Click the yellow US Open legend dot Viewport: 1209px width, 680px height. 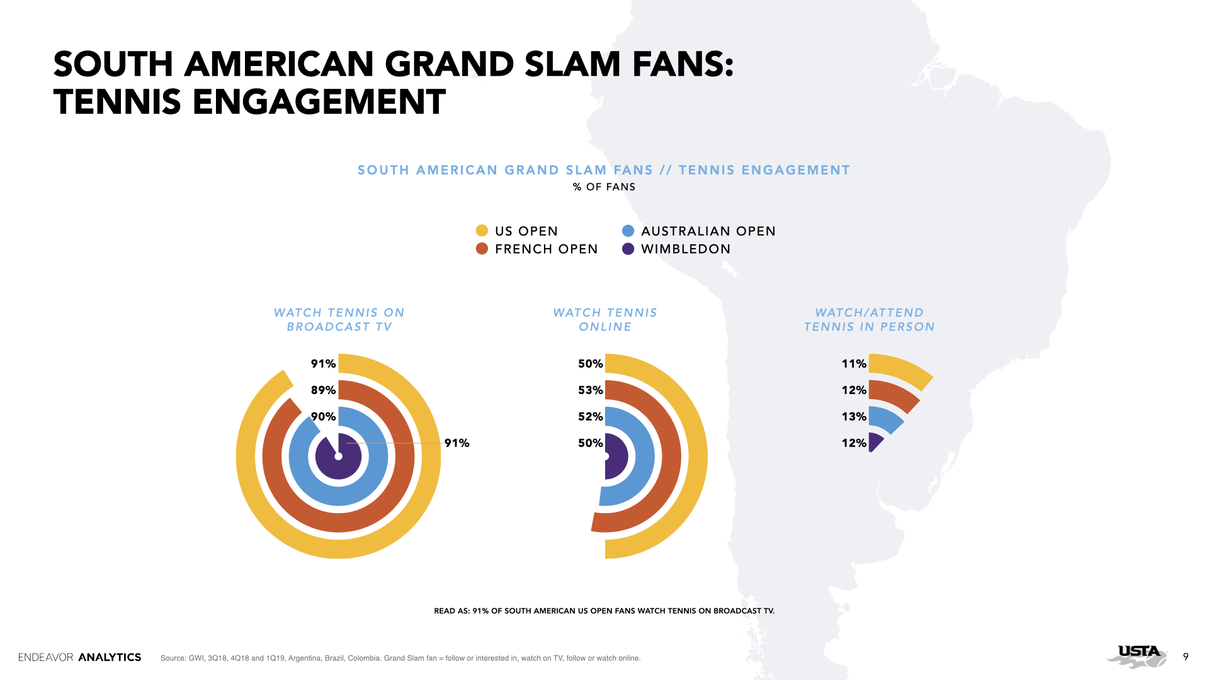coord(482,230)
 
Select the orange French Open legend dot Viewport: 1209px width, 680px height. coord(482,248)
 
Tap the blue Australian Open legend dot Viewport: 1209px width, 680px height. coord(628,230)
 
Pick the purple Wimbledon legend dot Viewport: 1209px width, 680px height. coord(628,248)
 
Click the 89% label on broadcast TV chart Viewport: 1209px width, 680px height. coord(323,390)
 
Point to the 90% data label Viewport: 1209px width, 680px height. coord(323,416)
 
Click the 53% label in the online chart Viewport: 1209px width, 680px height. coord(591,390)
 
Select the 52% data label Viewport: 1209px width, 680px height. coord(591,416)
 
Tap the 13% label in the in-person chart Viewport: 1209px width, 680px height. coord(854,416)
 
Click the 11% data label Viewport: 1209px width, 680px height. coord(854,363)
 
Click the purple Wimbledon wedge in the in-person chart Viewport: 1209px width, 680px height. coord(875,442)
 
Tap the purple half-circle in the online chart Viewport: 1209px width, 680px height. coord(616,456)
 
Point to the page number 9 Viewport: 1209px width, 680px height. coord(1186,657)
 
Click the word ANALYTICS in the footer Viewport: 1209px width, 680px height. coord(110,657)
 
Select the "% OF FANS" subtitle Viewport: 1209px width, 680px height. coord(604,187)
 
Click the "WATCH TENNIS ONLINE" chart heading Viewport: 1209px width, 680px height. coord(604,319)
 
